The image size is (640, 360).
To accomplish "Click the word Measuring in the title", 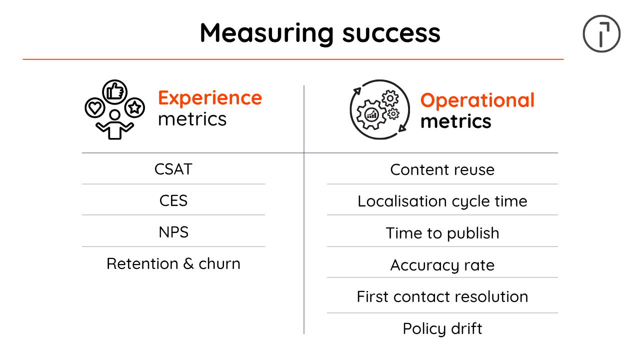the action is point(266,34).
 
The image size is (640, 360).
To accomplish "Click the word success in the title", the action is point(391,33).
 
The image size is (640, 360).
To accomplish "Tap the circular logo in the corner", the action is point(601,33).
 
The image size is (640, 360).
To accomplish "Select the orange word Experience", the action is point(210,98).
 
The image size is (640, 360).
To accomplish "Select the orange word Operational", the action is point(477,101).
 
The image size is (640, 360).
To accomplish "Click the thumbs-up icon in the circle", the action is point(115,92).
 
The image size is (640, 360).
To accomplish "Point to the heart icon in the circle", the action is point(95,107).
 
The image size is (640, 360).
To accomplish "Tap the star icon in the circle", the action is point(134,107).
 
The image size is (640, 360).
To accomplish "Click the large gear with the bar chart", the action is point(371,115).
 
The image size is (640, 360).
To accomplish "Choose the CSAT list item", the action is point(173,169).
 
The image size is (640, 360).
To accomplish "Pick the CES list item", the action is point(173,200).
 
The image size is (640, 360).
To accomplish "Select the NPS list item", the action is point(173,232).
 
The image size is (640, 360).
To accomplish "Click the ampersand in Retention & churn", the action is point(188,263).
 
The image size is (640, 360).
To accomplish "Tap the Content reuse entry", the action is point(442,169).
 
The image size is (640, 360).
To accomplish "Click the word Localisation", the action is point(402,201).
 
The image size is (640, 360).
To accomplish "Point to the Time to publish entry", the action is point(442,233).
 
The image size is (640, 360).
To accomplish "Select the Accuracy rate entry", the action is point(442,265).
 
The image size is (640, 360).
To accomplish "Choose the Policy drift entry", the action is point(442,328).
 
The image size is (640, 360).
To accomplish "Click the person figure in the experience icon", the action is point(114,124).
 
